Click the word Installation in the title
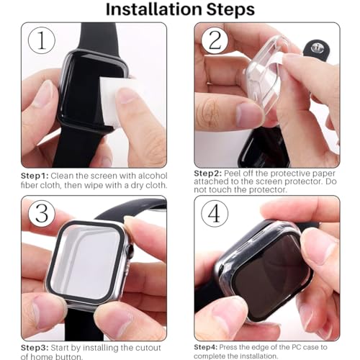click(x=149, y=10)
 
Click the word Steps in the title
click(x=225, y=10)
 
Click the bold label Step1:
click(x=34, y=175)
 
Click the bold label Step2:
click(x=209, y=174)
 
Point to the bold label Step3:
click(x=34, y=348)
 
